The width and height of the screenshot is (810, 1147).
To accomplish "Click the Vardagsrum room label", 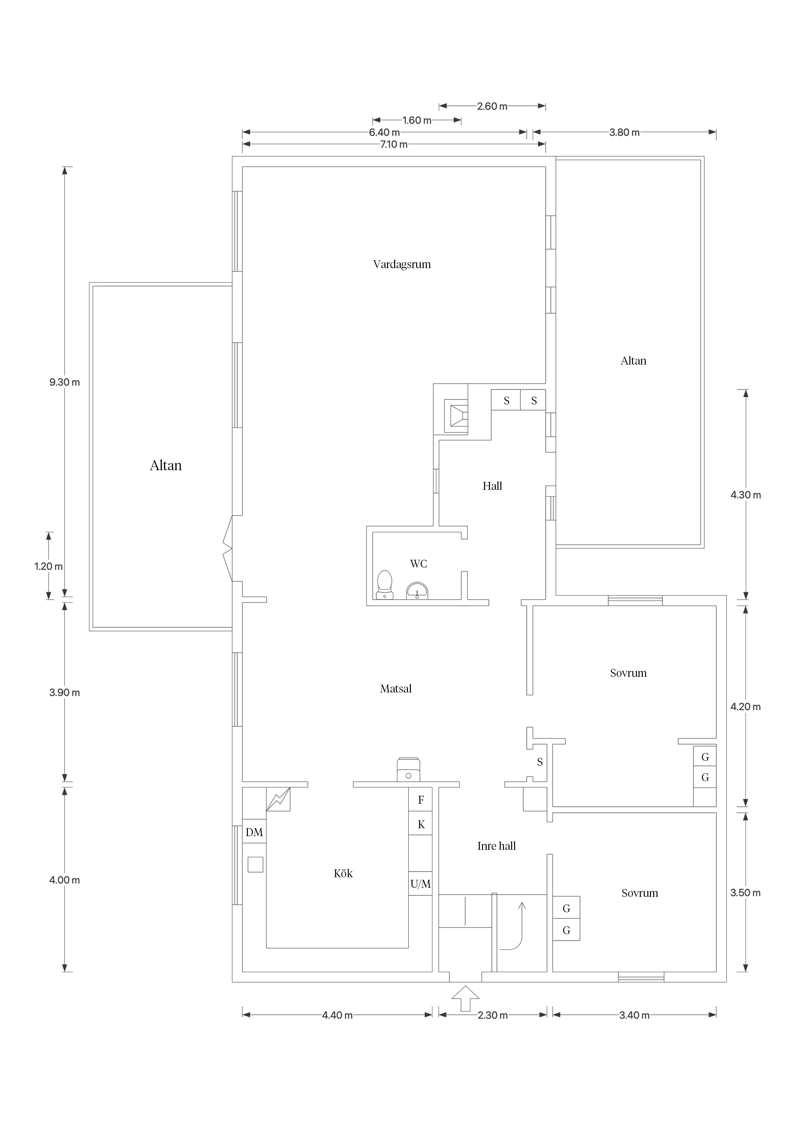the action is (402, 264).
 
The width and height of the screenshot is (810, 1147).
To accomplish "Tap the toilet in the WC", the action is (384, 585).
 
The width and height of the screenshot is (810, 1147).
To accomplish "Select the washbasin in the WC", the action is (417, 591).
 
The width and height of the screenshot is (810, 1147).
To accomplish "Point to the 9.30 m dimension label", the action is (64, 382).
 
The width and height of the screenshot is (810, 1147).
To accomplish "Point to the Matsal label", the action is (396, 688).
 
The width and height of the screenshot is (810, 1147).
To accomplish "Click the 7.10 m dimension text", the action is (394, 145).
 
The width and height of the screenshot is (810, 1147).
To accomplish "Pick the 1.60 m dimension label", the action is (417, 120).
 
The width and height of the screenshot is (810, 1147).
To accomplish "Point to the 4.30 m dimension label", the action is (746, 495).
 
